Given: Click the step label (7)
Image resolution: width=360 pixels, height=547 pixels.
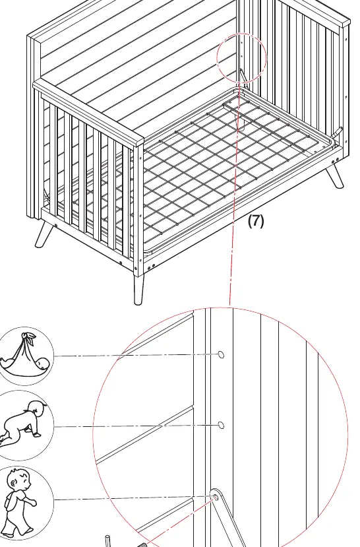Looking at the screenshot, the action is [x=256, y=221].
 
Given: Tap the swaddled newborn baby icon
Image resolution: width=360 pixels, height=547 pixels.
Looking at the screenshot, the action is [x=24, y=356].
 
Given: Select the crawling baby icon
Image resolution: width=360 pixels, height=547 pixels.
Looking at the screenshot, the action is [x=24, y=426].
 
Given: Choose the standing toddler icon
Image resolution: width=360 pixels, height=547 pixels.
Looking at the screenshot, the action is [x=24, y=502].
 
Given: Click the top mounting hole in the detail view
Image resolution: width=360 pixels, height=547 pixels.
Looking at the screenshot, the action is [x=221, y=354].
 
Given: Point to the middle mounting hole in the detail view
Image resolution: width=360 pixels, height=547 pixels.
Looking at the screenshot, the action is [x=221, y=425].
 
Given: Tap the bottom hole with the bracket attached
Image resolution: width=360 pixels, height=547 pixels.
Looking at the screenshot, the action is [x=216, y=497].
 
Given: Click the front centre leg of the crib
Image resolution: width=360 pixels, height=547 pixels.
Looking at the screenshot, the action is [x=138, y=290].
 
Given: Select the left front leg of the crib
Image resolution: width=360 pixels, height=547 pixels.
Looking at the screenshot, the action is [x=44, y=235].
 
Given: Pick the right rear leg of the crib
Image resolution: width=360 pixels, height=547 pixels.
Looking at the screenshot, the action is [x=335, y=177].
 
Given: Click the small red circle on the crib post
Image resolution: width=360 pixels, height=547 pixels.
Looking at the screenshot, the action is [x=241, y=58].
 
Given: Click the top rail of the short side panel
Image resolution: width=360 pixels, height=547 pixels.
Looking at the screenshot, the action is [x=88, y=112].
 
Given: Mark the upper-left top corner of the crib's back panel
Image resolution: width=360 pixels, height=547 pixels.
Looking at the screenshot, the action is [x=28, y=36].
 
